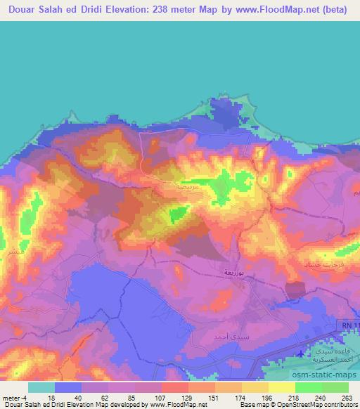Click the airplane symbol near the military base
point(303,352)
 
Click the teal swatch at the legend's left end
point(41,387)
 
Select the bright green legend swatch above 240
point(309,387)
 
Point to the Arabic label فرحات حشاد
point(321,263)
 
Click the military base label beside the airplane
point(331,355)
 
